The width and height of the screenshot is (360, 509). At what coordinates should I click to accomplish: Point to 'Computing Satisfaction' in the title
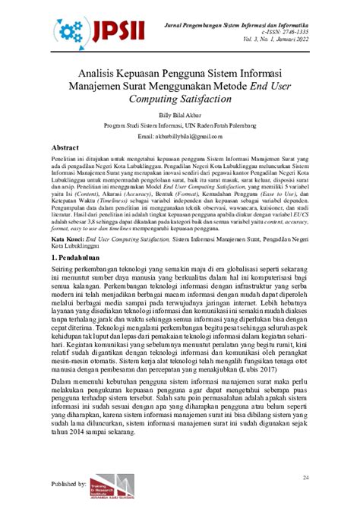pyautogui.click(x=180, y=99)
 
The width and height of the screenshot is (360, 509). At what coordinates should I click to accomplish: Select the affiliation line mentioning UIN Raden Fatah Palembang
pyautogui.click(x=179, y=125)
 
